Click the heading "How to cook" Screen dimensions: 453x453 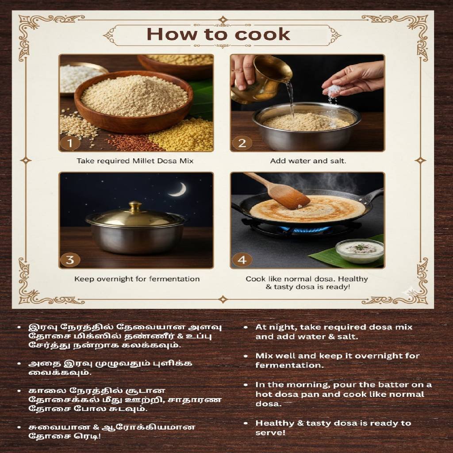coord(219,35)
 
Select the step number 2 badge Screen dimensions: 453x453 coord(242,143)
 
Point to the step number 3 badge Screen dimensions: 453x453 coord(70,260)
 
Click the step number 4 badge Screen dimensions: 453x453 coord(242,260)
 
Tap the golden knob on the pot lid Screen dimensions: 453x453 coord(135,206)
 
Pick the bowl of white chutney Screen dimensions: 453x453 coord(360,250)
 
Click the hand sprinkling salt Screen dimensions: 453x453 coord(354,78)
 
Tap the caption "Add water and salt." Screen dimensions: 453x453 coord(308,161)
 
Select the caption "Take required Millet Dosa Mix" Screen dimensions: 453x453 coord(135,161)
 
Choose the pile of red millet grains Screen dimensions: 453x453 coord(133,142)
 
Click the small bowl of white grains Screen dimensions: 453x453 coord(81,77)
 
